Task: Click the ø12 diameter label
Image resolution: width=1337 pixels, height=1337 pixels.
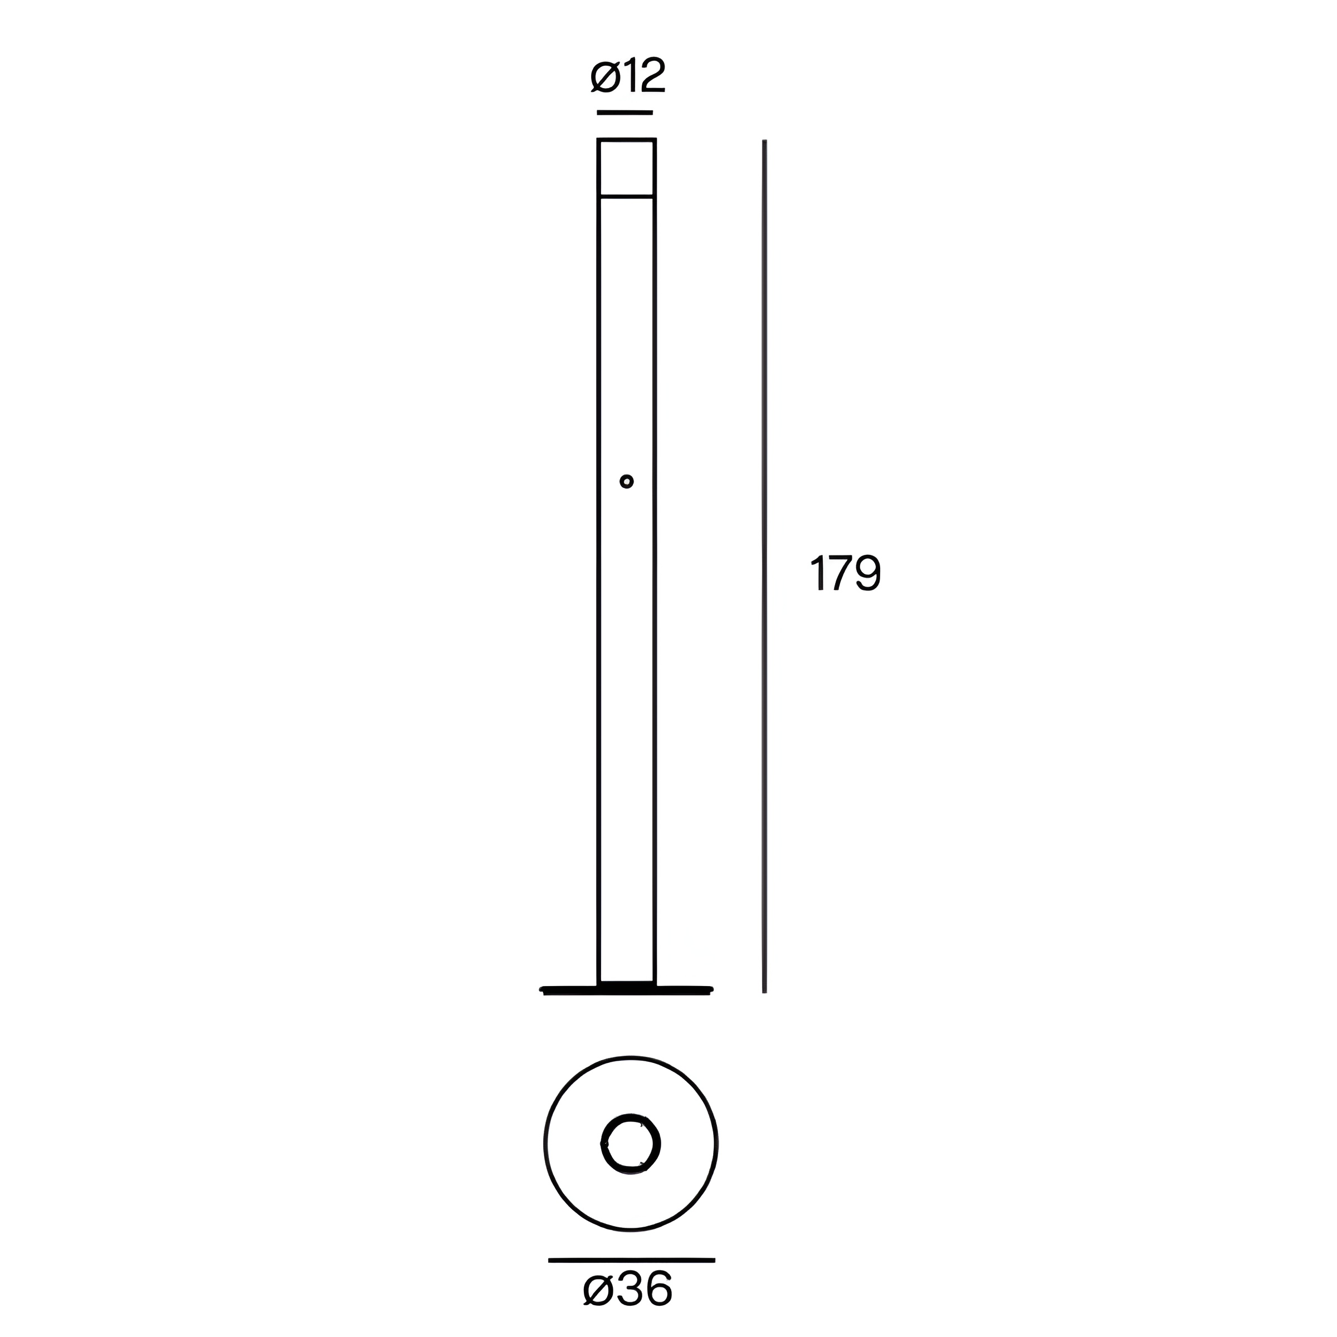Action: pos(628,76)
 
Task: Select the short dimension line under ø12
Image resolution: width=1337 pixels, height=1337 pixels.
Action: pos(625,112)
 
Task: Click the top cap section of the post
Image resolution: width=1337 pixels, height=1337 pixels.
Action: pos(626,168)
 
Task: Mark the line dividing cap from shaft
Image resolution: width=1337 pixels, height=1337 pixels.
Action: pos(626,197)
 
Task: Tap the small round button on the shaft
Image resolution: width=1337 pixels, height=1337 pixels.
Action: pos(626,481)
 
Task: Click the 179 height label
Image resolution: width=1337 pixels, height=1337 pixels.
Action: pos(845,573)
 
